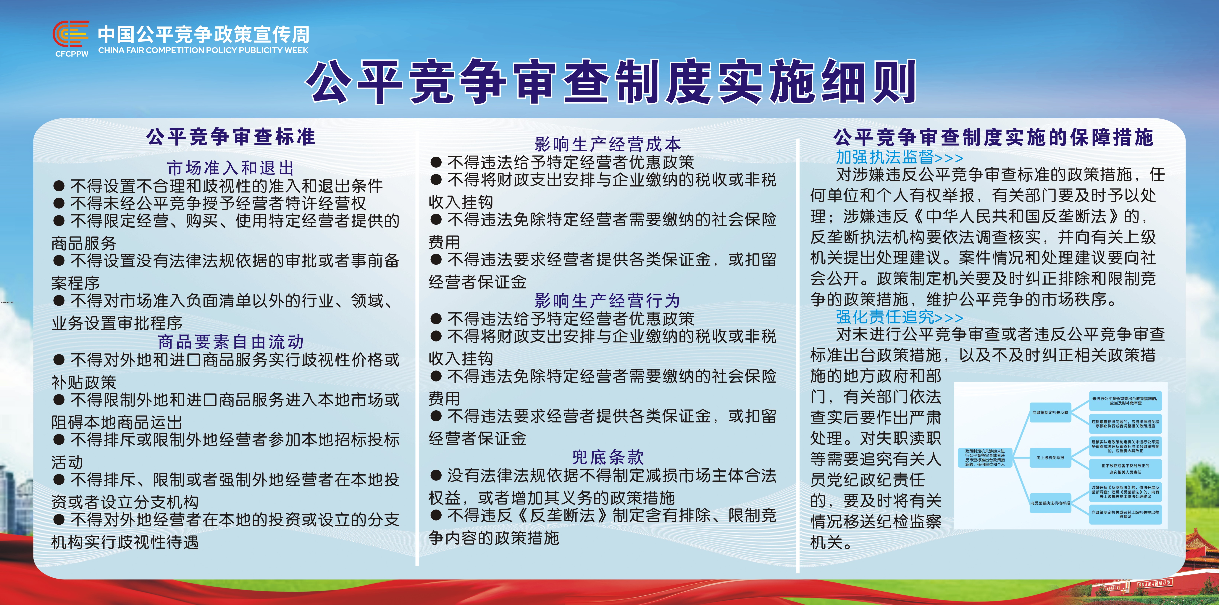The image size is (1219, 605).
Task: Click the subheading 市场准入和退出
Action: [x=230, y=168]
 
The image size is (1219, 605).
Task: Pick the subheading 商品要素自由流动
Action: [x=230, y=342]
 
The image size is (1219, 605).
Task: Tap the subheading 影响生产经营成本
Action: [x=608, y=143]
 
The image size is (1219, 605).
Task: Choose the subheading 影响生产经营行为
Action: [x=608, y=300]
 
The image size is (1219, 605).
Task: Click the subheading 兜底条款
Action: [x=608, y=457]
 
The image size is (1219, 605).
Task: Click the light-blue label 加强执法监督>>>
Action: [x=899, y=157]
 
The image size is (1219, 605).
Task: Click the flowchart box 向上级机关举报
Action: [x=1050, y=458]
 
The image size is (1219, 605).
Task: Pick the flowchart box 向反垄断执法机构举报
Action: [x=1050, y=503]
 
